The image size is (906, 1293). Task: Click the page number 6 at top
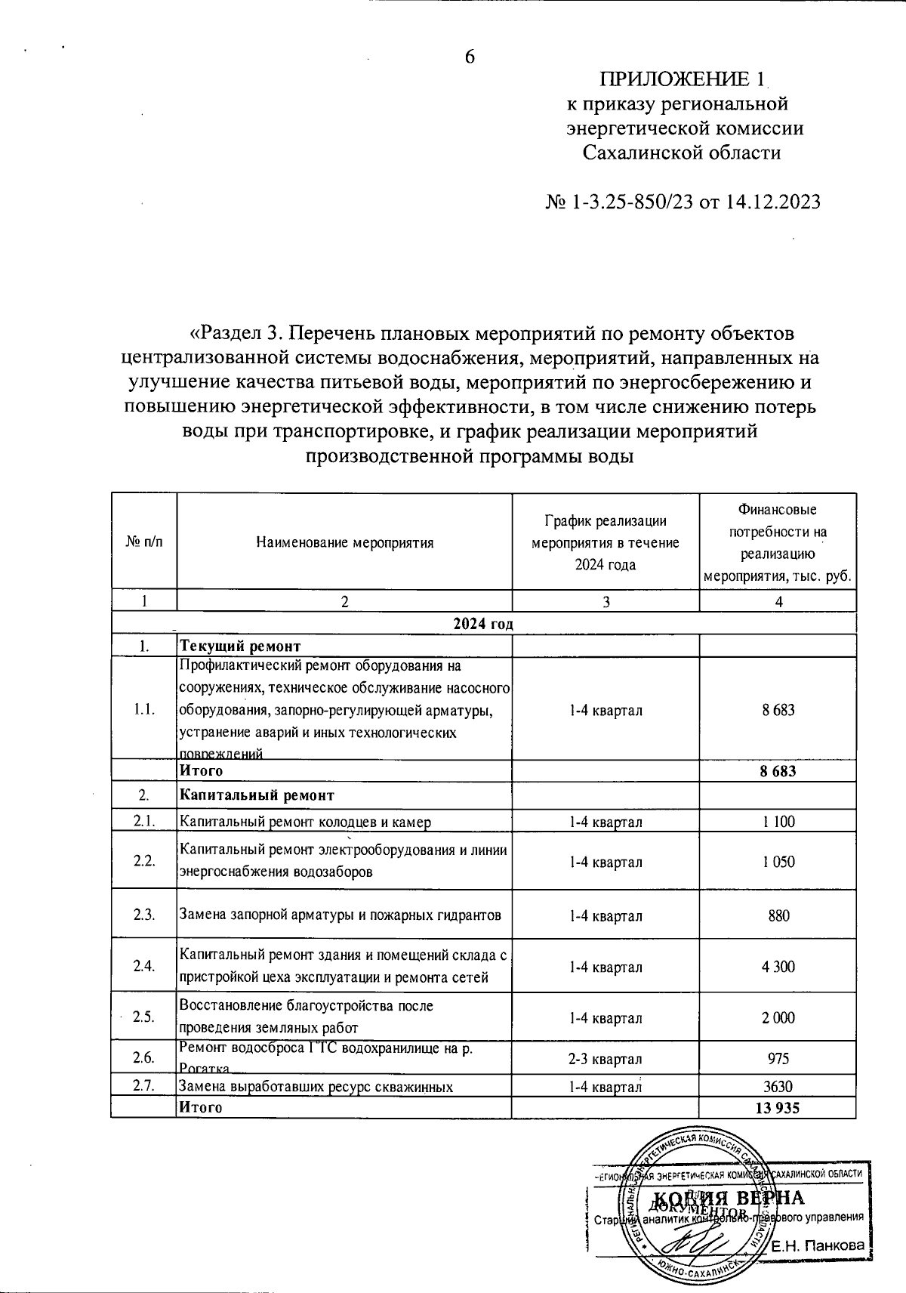470,57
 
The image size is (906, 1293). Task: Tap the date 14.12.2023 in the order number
772,202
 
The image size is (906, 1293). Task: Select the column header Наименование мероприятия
345,542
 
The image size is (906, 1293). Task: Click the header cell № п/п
143,542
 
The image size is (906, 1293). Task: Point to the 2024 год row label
483,624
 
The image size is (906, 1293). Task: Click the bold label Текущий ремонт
240,646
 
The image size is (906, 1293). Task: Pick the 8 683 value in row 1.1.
778,710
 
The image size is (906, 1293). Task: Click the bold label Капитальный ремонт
257,795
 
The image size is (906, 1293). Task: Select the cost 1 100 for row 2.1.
778,822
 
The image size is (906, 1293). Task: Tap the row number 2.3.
143,915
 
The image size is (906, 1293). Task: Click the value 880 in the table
778,916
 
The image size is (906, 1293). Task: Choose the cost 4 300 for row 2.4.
778,967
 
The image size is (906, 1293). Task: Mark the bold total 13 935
778,1108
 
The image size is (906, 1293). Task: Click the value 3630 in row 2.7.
778,1088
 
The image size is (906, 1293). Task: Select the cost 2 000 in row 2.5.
778,1017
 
